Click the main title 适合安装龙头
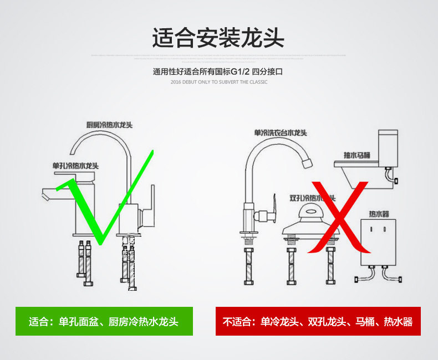tap(218, 38)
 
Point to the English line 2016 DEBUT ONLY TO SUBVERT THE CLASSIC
tap(218, 82)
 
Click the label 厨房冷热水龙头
tap(109, 125)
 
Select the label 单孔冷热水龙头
tap(75, 166)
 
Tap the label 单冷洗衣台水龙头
tap(281, 132)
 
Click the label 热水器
tap(379, 214)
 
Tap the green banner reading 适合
tap(104, 321)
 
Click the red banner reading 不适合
tap(318, 321)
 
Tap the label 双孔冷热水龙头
tap(312, 198)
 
